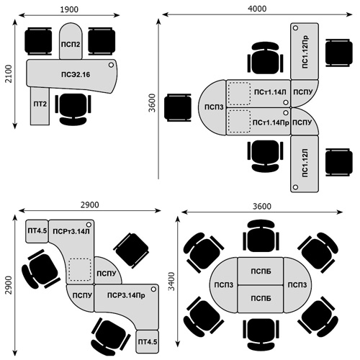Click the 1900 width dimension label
69,9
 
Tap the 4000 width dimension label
257,9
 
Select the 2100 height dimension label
9,73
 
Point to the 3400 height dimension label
171,282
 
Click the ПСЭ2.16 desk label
76,75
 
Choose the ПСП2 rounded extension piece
71,41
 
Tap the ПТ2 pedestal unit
40,106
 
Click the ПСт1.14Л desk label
270,92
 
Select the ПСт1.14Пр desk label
271,122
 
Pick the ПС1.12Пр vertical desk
305,51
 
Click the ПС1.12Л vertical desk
305,164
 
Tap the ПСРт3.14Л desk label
71,231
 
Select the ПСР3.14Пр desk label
126,295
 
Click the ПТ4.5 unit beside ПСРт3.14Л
37,231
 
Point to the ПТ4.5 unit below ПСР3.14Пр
148,342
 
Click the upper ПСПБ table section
261,271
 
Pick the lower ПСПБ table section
261,299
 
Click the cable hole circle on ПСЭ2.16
111,65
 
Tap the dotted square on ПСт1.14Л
239,94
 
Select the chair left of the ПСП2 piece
38,41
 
